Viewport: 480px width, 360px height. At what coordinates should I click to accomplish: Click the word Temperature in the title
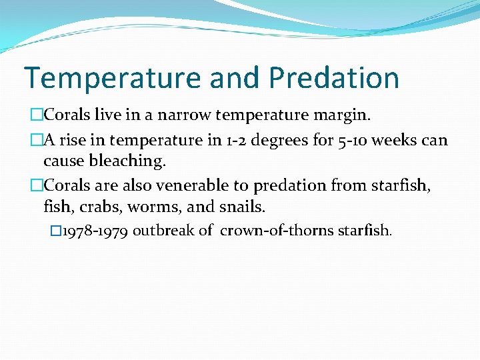point(113,78)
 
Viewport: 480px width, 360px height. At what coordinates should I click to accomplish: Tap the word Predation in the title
point(334,78)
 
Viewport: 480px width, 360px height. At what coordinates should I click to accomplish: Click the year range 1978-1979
point(95,231)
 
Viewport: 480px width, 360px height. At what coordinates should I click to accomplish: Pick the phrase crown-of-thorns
point(268,231)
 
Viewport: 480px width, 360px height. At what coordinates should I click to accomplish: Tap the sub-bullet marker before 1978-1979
point(55,231)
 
